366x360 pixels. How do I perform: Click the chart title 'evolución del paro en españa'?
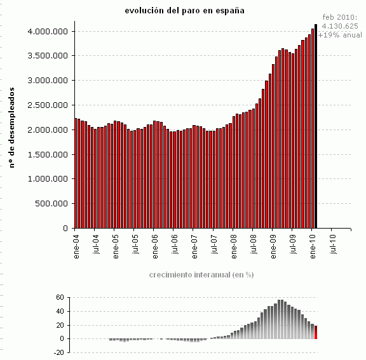click(x=184, y=10)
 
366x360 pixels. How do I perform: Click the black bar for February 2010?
click(x=316, y=127)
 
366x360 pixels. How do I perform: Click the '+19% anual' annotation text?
click(x=340, y=35)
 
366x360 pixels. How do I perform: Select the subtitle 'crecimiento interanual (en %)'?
click(x=201, y=275)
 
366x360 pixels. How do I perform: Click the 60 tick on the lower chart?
click(x=59, y=297)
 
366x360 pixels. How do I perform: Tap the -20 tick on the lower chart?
click(x=58, y=352)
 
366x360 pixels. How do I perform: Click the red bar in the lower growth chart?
click(x=316, y=332)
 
